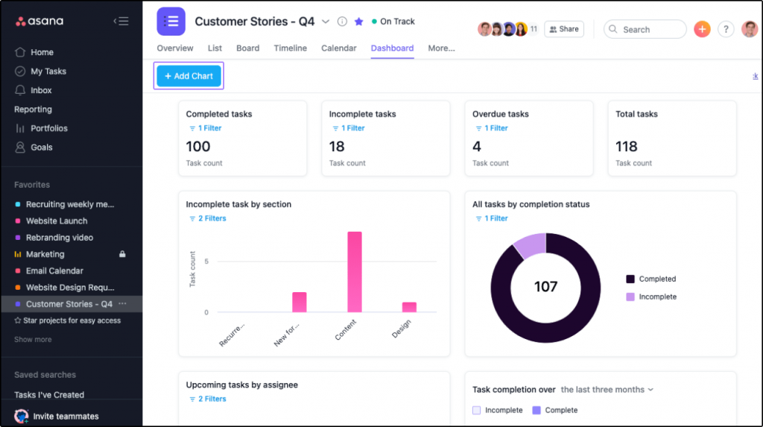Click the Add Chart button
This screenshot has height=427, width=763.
[189, 76]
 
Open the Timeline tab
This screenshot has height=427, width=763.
[290, 48]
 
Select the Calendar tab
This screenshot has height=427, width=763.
[338, 48]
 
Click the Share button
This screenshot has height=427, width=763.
[563, 29]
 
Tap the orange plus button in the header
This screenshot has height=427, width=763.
[702, 29]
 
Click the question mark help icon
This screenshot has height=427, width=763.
[726, 29]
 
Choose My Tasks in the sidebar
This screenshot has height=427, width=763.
[48, 72]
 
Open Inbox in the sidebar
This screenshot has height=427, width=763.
[41, 90]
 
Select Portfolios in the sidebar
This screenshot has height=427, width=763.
[48, 128]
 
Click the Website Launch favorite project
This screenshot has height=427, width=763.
[57, 221]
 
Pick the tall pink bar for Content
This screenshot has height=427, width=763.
[354, 272]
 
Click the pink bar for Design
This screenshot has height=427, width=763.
[409, 307]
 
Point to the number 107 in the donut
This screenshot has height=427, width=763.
[545, 287]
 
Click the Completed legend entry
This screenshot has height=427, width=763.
[656, 279]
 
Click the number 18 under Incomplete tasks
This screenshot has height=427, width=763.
[337, 147]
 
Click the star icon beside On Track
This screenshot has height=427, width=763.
[359, 22]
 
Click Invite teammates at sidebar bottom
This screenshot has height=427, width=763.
[66, 416]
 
